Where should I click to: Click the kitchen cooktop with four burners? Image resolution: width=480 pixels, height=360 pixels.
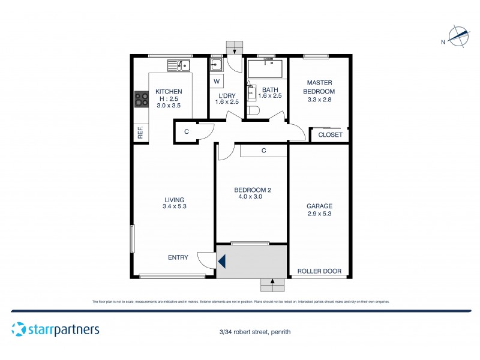(x=142, y=99)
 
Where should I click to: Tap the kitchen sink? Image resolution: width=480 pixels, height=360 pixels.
(x=178, y=65)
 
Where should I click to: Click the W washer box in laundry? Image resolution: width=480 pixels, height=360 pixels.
(x=217, y=81)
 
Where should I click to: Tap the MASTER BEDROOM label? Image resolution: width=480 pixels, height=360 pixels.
(x=320, y=87)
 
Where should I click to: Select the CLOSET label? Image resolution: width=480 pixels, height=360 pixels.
(x=330, y=135)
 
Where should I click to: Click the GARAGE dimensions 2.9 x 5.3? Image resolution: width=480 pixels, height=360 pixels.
(x=319, y=213)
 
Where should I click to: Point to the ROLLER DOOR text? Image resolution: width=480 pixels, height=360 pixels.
(x=320, y=271)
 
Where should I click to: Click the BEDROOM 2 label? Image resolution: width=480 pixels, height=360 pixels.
(x=251, y=190)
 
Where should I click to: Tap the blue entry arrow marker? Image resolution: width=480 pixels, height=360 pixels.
(x=221, y=262)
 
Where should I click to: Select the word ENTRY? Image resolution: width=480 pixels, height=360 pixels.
(x=178, y=257)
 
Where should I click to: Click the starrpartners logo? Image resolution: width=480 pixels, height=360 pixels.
(x=55, y=329)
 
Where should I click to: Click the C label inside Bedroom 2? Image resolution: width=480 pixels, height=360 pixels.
(x=264, y=151)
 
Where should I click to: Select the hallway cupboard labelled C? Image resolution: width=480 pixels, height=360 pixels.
(x=187, y=131)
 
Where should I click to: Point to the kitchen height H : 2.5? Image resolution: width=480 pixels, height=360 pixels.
(x=169, y=98)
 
